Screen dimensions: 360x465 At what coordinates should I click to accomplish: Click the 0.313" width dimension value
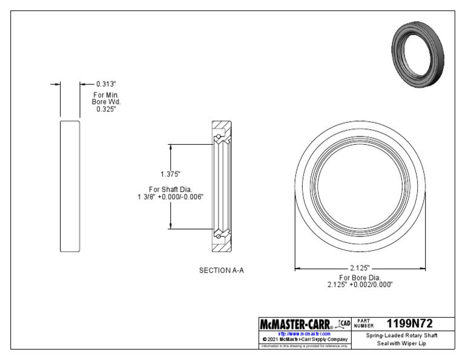(x=106, y=84)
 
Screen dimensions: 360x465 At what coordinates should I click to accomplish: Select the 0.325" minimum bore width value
(x=106, y=110)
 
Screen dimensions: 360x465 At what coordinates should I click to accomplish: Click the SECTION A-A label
(x=222, y=270)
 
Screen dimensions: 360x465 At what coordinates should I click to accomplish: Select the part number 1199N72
(x=410, y=324)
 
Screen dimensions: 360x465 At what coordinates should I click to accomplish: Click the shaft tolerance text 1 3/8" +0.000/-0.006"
(x=170, y=196)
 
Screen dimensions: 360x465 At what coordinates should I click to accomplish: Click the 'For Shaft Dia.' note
(x=170, y=188)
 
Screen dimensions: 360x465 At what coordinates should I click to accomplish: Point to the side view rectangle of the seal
(x=70, y=186)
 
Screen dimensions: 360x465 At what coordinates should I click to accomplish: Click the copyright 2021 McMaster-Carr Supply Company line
(x=304, y=339)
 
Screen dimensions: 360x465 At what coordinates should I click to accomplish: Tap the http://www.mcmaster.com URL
(x=304, y=333)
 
